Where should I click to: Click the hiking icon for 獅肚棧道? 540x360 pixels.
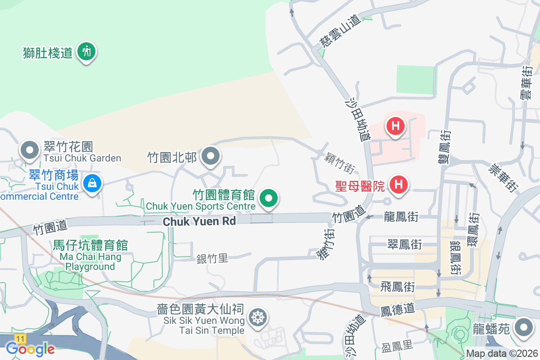point(86,52)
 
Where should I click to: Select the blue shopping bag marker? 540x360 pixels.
point(92,183)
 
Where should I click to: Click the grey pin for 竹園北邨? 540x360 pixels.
point(210,156)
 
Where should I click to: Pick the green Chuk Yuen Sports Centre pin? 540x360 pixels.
point(269,198)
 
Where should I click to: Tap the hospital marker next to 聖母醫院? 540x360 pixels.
point(398,184)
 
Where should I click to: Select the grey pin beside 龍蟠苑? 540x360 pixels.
point(523,327)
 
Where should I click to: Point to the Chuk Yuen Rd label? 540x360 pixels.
point(199,221)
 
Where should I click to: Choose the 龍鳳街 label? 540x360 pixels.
point(401,217)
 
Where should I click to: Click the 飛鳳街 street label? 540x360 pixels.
point(397,286)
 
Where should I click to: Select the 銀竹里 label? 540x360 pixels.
point(212,258)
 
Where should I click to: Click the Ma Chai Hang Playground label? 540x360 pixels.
point(90,256)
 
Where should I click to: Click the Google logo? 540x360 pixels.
point(30,348)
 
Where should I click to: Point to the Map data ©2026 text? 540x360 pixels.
point(502,354)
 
